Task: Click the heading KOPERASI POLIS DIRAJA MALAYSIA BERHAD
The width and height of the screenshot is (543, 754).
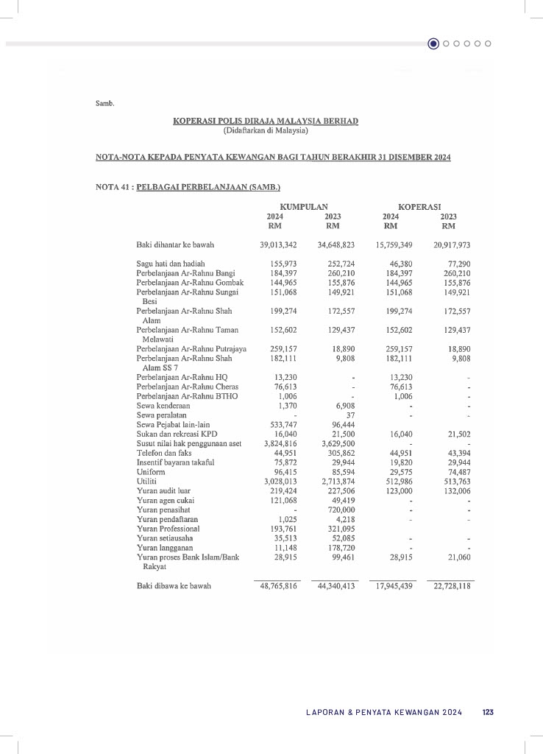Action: [x=266, y=121]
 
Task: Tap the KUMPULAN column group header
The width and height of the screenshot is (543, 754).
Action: [x=304, y=207]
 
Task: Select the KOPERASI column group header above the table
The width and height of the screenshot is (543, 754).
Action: [x=419, y=207]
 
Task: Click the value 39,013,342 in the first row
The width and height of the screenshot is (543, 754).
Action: [x=278, y=244]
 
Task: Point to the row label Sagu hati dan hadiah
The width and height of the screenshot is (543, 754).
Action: [x=171, y=263]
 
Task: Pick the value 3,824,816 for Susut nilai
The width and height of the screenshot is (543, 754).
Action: [x=280, y=444]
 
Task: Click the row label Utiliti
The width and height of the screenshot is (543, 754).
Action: [x=147, y=481]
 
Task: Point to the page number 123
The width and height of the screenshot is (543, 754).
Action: [x=488, y=712]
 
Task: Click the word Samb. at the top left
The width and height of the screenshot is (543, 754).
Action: [x=105, y=103]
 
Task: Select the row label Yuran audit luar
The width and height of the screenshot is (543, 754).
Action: [x=163, y=490]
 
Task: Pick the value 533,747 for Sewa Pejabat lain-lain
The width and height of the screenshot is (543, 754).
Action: [x=283, y=424]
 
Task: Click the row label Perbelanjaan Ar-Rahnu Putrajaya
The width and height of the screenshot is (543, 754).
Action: [x=191, y=349]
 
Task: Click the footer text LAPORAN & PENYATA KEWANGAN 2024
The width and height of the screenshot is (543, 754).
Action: [x=384, y=712]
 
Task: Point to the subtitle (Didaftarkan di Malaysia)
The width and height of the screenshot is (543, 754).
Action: [x=266, y=131]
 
